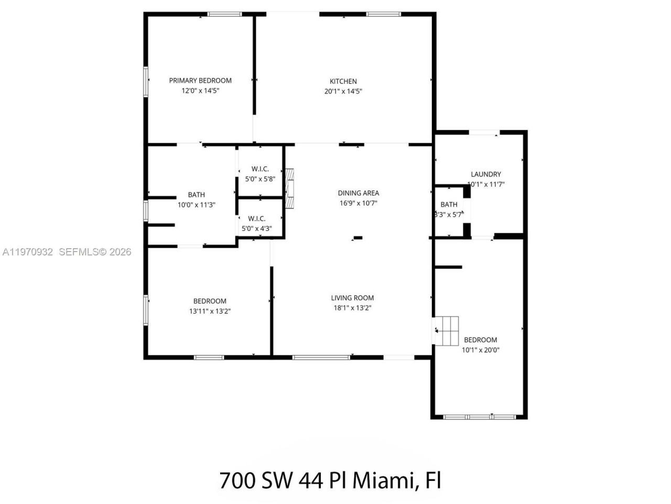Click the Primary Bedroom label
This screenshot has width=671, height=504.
pos(200,80)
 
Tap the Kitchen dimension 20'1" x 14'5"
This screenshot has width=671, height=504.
pos(343,91)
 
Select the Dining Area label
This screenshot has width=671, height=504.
pos(358,193)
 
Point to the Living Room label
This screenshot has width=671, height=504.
pos(352,298)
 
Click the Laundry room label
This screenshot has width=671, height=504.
pos(485,174)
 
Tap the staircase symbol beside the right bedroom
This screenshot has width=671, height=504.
pos(447,331)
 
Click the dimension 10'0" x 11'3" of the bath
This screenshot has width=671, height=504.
pos(197,205)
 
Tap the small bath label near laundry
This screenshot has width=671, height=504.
pos(449,204)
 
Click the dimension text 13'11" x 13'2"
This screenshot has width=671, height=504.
pos(210,311)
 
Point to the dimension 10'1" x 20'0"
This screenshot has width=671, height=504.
pos(480,350)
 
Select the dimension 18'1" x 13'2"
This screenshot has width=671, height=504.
pos(352,308)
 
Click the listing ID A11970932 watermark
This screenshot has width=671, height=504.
pos(28,252)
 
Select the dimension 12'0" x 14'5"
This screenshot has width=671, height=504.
pos(200,90)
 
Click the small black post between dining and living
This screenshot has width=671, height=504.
pos(358,238)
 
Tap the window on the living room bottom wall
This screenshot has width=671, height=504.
pos(321,358)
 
